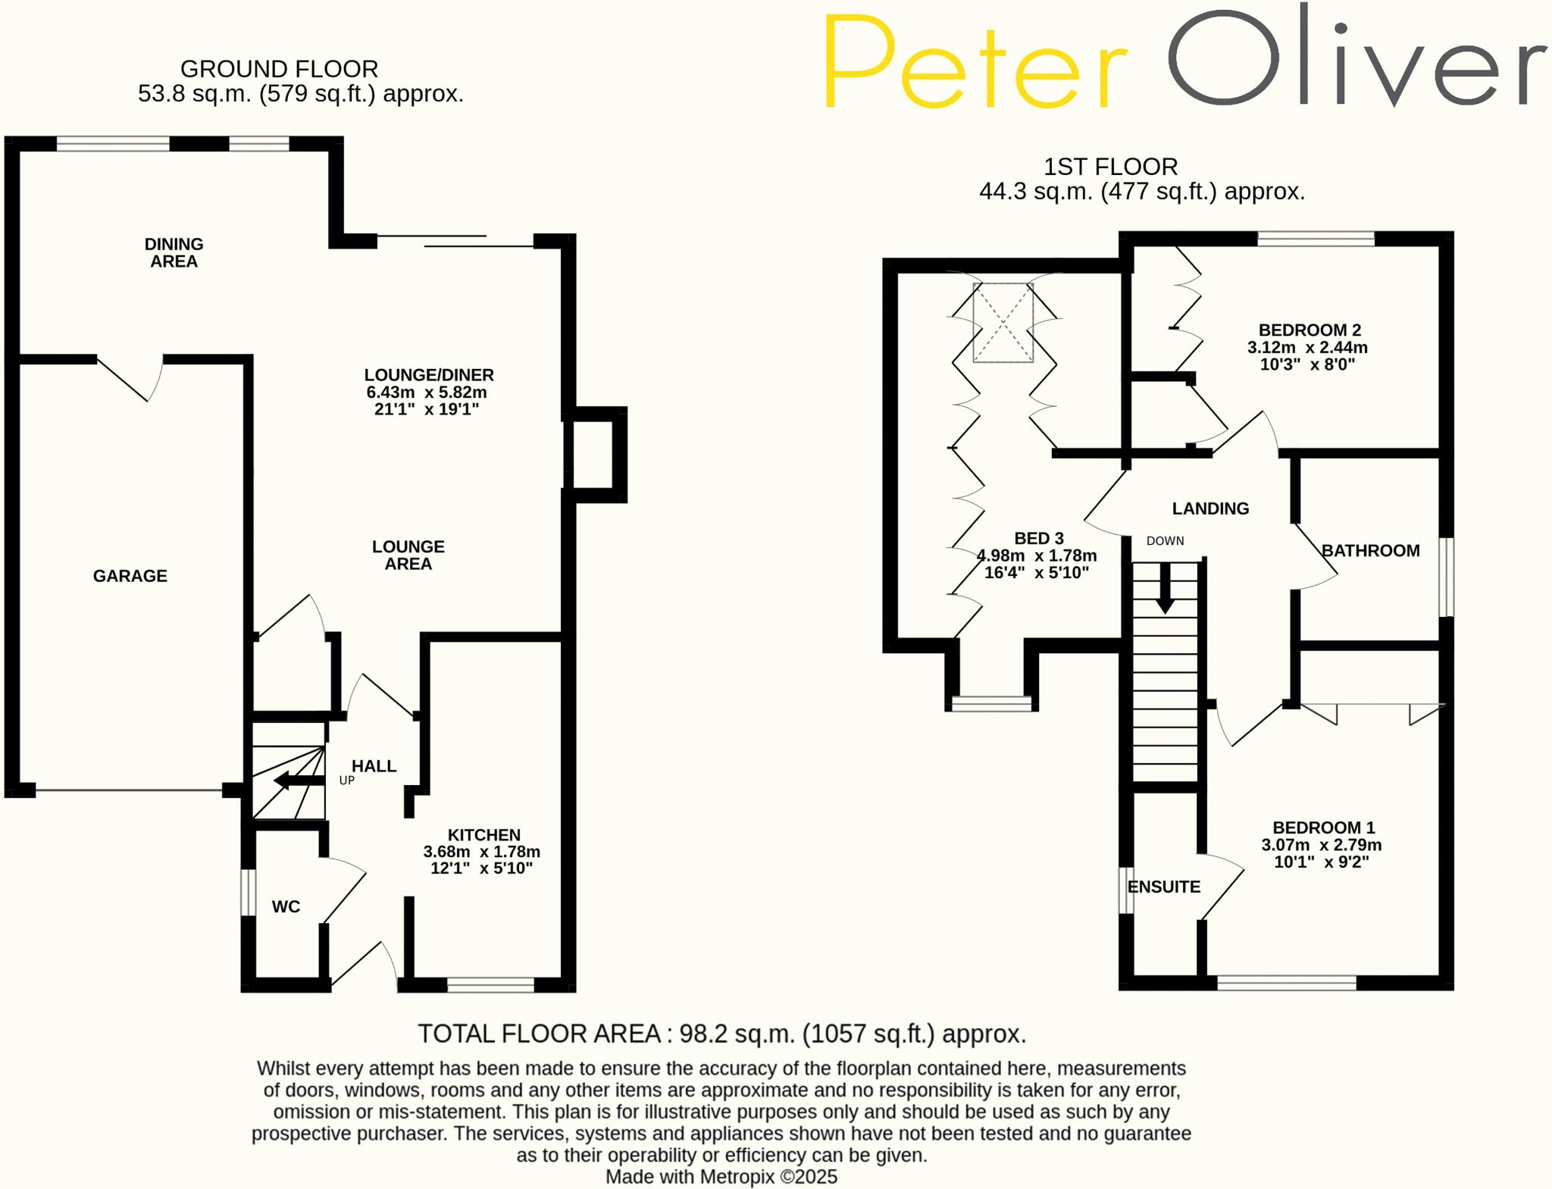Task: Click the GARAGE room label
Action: coord(130,576)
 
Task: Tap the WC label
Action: coord(286,906)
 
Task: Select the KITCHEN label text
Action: coord(483,835)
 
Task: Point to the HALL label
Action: coord(374,766)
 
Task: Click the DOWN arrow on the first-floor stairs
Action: coord(1165,589)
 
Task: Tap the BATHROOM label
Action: coord(1370,551)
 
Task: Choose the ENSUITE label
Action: coord(1164,887)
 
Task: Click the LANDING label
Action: coord(1210,508)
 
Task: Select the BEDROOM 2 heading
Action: coord(1309,330)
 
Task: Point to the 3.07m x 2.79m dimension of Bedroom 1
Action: coord(1321,845)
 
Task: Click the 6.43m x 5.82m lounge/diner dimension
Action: coord(427,393)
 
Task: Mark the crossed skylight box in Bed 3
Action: coord(1003,323)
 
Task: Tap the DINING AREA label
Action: coord(174,252)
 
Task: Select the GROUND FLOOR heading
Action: coord(279,69)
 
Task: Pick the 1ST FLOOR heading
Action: coord(1110,167)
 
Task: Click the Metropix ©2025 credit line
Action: coord(721,1177)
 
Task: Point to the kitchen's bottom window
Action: coord(490,985)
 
